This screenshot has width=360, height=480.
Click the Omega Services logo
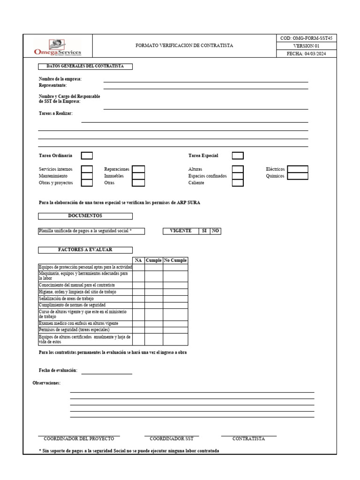[x=58, y=46]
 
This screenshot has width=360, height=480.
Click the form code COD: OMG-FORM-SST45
[x=306, y=38]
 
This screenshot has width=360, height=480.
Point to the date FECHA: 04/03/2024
[x=306, y=54]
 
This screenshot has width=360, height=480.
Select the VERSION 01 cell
[x=306, y=46]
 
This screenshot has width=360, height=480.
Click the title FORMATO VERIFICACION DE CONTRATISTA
[x=184, y=46]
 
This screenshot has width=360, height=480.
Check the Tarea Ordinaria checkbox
[x=87, y=156]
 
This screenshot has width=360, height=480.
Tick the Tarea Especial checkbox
[x=238, y=156]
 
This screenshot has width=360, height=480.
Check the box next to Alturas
[x=238, y=169]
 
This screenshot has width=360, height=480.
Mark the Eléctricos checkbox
[x=298, y=169]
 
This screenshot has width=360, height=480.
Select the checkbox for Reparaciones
[x=138, y=169]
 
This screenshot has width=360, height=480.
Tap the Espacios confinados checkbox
[x=238, y=176]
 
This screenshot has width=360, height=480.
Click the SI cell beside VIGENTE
[x=204, y=231]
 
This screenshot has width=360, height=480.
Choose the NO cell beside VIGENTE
[x=216, y=231]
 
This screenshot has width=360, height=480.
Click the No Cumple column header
[x=175, y=260]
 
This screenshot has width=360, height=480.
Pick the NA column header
[x=138, y=260]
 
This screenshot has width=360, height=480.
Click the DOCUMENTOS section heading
[x=85, y=216]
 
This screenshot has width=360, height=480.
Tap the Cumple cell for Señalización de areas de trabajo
[x=153, y=298]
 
